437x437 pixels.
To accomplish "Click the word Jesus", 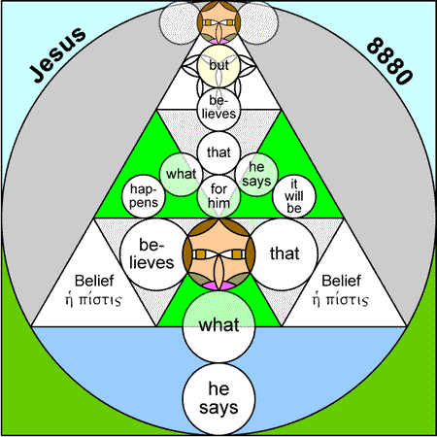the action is (x=58, y=54).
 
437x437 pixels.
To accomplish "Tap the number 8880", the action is (x=389, y=61).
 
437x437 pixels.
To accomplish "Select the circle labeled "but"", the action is (x=218, y=66).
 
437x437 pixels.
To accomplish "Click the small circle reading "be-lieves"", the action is (x=218, y=110).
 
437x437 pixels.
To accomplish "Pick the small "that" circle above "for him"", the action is (x=218, y=152).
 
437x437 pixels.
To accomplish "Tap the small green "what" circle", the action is (x=182, y=174).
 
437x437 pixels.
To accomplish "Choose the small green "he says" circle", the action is (x=256, y=174).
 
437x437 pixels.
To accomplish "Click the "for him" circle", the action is (x=218, y=196).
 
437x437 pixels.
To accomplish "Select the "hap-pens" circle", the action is (x=144, y=196).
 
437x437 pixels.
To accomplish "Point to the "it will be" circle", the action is (x=294, y=196).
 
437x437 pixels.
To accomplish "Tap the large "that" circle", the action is (x=284, y=254).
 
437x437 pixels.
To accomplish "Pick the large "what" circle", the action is (x=218, y=326).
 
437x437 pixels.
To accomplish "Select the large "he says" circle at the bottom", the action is (x=218, y=398).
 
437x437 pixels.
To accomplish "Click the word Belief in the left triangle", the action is (x=94, y=281).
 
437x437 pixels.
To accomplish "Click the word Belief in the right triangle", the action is (x=341, y=281).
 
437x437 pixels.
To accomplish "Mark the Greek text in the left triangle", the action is (x=93, y=300).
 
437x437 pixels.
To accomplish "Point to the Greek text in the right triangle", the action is (x=341, y=300).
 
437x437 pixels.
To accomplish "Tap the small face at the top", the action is (x=218, y=22).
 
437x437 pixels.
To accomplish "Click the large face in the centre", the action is (x=218, y=254).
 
